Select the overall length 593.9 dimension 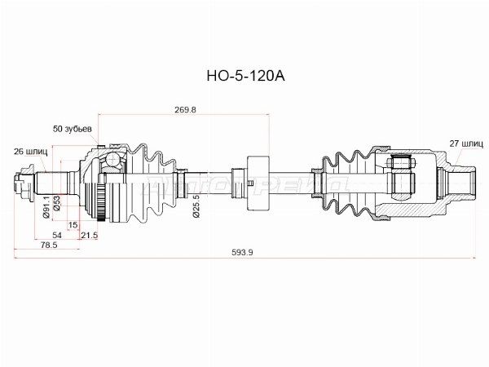243,253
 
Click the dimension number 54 58,235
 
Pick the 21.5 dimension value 89,235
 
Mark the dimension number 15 73,225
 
